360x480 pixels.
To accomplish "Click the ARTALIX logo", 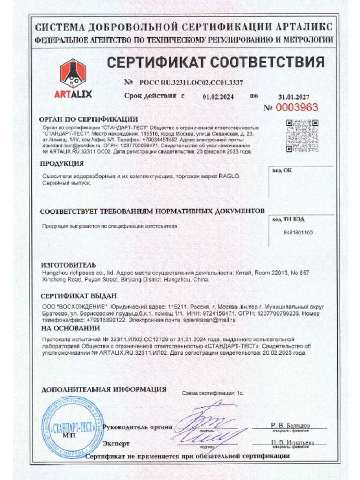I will (x=73, y=78).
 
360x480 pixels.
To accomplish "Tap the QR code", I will (x=302, y=135).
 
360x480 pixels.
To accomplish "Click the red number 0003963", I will (x=296, y=107).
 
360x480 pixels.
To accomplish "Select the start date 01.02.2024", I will (x=218, y=96).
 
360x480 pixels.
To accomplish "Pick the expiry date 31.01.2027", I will (x=294, y=97).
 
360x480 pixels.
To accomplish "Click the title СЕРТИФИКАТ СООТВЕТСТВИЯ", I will (x=215, y=62).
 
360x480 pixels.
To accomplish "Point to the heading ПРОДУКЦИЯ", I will (x=62, y=164).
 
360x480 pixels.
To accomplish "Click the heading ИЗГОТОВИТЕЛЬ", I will (x=68, y=265).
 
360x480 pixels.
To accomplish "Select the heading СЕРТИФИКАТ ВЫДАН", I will (x=79, y=296).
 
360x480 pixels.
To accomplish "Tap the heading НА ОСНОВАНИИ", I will (x=70, y=328).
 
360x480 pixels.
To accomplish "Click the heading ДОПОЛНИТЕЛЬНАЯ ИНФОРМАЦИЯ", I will (x=104, y=389).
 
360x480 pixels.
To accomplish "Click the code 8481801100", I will (x=298, y=232).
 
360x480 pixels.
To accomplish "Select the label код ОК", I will (x=282, y=170).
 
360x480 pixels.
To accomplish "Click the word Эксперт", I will (x=116, y=444).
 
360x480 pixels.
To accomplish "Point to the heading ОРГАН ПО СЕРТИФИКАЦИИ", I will (x=88, y=119).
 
